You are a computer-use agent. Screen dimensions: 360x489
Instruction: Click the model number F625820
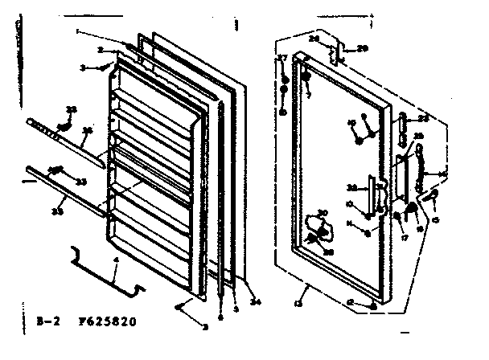pos(109,321)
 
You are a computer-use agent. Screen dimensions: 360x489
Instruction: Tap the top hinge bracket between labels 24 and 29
pos(341,51)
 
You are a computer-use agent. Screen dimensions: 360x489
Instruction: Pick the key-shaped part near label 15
pos(431,195)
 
